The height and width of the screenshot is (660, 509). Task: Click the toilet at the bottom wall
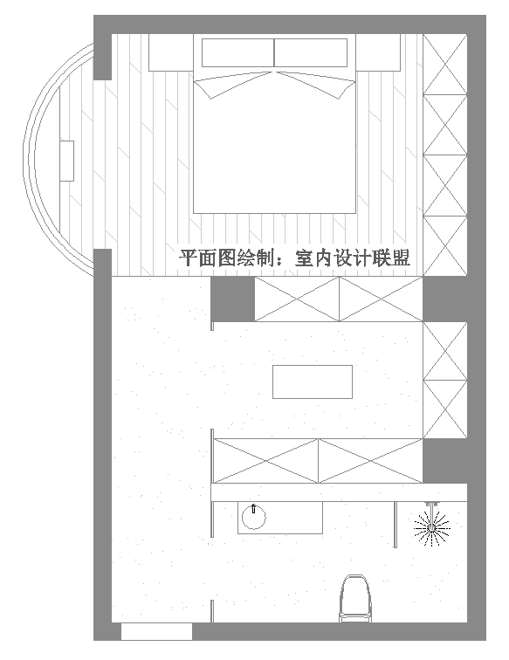coord(355,598)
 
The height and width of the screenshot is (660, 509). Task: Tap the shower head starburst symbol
coord(432,528)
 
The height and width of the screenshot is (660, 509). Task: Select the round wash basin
coord(254,518)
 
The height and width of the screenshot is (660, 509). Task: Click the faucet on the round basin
coord(253,508)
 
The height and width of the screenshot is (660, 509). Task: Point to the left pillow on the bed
coord(238,52)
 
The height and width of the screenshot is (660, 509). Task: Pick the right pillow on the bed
coord(311,52)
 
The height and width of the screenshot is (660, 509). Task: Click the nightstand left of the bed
coord(171,52)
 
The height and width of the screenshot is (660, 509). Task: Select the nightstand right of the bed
coord(378,52)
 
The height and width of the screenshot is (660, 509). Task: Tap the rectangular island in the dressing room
coord(313,382)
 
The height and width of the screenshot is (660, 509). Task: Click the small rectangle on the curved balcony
coord(67,161)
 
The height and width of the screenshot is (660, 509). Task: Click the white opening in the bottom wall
coord(156,631)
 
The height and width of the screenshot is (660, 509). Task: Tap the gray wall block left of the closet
coord(232,299)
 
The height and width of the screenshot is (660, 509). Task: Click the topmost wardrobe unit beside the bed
coord(445,65)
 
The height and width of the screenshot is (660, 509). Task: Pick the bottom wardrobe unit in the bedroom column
coord(445,246)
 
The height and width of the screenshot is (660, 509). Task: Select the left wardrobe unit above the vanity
coord(266,461)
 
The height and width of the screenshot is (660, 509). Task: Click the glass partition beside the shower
coord(396,525)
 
